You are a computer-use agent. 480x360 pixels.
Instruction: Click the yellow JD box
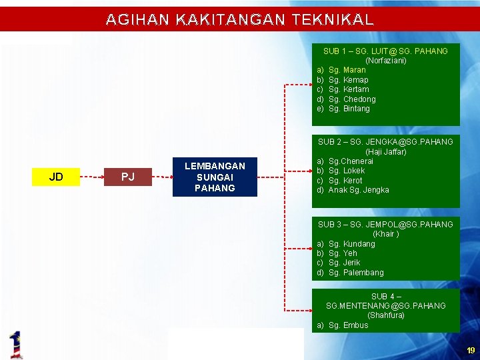tap(56, 177)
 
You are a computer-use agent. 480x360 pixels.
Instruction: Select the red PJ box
tap(127, 177)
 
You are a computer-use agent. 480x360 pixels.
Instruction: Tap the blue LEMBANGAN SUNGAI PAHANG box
tap(214, 177)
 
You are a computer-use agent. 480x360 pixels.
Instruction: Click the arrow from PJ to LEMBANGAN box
tap(163, 177)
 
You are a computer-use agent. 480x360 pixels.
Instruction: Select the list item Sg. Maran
tap(347, 70)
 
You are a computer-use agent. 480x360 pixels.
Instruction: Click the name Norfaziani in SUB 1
tap(385, 61)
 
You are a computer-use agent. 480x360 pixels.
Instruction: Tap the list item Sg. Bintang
tap(349, 109)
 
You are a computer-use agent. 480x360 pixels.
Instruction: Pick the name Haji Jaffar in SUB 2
tap(385, 151)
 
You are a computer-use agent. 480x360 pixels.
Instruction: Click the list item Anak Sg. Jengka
tap(359, 190)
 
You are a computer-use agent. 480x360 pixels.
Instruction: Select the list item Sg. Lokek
tap(347, 171)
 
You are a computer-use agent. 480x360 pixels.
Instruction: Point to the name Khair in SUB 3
tap(385, 234)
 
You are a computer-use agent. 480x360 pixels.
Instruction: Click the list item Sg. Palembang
tap(356, 273)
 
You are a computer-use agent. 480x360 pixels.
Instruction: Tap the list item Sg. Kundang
tap(351, 244)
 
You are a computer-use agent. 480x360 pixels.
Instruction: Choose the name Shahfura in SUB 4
tap(385, 315)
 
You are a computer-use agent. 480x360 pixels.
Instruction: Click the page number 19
tap(471, 351)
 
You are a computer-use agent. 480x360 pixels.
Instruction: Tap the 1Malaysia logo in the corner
tap(16, 344)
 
